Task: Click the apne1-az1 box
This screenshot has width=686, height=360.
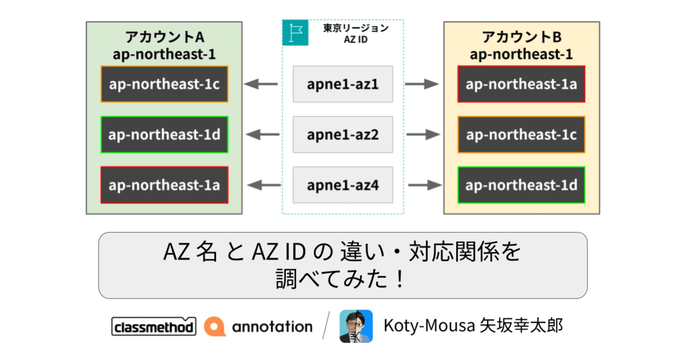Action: tap(343, 84)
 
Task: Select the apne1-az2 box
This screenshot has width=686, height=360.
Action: tap(343, 134)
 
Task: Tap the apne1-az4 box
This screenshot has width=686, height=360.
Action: tap(343, 185)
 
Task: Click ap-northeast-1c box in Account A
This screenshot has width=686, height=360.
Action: tap(164, 84)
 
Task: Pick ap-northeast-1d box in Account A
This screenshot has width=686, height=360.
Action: tap(164, 134)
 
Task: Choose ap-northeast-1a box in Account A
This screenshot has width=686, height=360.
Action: tap(164, 185)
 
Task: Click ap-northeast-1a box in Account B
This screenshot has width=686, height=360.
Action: tap(521, 84)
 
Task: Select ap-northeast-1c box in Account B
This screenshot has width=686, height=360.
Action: tap(521, 134)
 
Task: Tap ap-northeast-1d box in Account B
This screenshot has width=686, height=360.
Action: tap(521, 185)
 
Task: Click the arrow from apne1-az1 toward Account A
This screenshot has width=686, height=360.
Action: tap(261, 84)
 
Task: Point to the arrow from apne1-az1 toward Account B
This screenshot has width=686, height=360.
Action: tap(422, 84)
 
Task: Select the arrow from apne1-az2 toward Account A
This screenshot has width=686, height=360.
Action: tap(263, 135)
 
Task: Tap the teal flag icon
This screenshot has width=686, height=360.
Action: tap(295, 33)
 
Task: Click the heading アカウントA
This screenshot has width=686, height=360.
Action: tap(164, 37)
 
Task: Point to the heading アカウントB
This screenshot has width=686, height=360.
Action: tap(522, 37)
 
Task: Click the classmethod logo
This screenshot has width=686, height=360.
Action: tap(154, 326)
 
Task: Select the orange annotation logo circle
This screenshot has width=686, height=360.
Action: tap(215, 326)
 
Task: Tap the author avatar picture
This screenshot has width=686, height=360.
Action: tap(356, 326)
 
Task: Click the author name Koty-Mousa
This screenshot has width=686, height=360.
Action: tap(429, 326)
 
